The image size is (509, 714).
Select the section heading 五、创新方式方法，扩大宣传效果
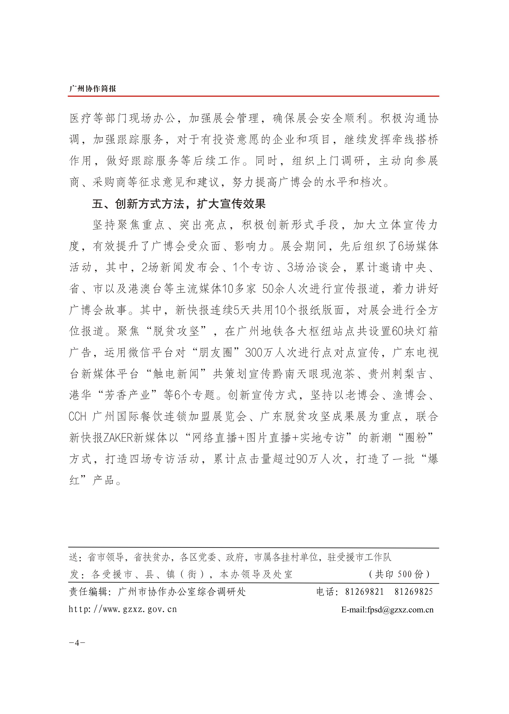pyautogui.click(x=179, y=204)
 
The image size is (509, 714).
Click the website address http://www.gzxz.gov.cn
pyautogui.click(x=123, y=609)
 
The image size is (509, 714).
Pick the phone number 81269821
pyautogui.click(x=365, y=592)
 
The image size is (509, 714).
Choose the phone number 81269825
pyautogui.click(x=414, y=592)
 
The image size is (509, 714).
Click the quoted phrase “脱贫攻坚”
pyautogui.click(x=176, y=331)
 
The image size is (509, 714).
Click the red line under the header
pyautogui.click(x=253, y=96)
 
